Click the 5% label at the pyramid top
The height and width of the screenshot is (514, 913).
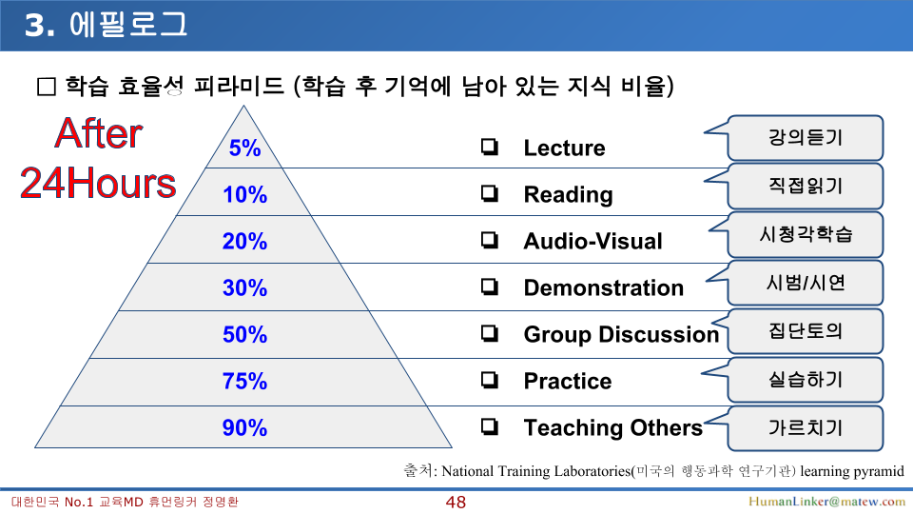(244, 148)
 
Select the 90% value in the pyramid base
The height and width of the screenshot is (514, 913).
(244, 427)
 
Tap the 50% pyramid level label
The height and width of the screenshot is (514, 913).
(244, 334)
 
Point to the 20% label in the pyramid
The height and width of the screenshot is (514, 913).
(244, 241)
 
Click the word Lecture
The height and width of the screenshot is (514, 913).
(564, 148)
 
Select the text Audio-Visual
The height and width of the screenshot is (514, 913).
(592, 241)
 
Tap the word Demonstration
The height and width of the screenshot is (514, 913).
(603, 287)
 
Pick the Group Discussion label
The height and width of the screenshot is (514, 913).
(621, 334)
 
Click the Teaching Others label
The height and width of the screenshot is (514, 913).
(613, 427)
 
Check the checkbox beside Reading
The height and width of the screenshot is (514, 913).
(490, 193)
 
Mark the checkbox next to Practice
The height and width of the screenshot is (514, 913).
(490, 380)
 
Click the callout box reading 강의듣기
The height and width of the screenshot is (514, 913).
(806, 138)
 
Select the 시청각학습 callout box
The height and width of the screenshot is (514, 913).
(806, 235)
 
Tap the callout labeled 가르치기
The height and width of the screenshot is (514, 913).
(806, 428)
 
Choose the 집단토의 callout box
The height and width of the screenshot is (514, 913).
(806, 331)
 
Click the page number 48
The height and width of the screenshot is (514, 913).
(456, 503)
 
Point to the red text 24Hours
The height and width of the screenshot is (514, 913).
(98, 183)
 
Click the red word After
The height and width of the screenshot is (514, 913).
(98, 133)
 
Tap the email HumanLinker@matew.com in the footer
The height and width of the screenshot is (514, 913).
(826, 502)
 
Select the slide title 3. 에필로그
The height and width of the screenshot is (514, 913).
(106, 25)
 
